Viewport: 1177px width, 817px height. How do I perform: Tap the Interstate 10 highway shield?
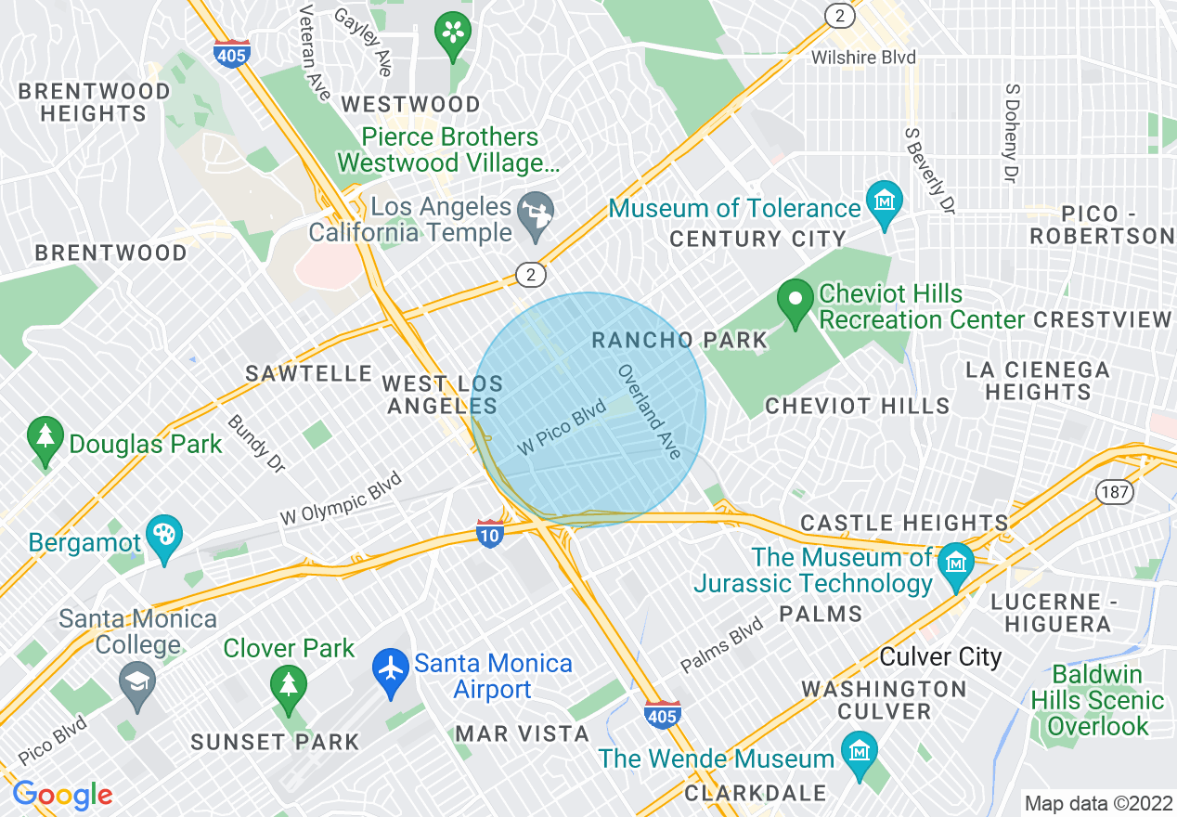(490, 533)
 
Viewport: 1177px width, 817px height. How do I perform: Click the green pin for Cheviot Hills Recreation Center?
(795, 302)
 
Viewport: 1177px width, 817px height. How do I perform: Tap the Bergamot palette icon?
(164, 537)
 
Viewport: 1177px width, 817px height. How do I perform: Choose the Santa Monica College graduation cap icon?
(137, 684)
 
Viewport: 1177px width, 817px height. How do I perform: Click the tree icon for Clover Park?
(288, 685)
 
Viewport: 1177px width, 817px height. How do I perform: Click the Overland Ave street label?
(650, 410)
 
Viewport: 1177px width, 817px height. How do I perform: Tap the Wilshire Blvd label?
(863, 58)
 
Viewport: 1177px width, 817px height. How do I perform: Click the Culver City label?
(940, 657)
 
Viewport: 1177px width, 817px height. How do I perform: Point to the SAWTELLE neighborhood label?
(308, 373)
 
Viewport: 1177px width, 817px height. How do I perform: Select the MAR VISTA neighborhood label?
(522, 733)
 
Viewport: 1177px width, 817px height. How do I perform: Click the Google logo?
(62, 795)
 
